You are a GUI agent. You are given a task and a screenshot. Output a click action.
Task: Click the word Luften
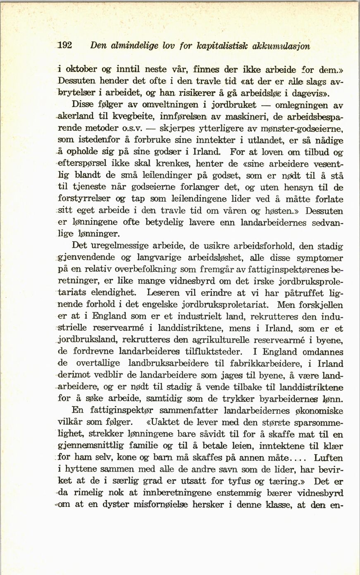coord(328,458)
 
